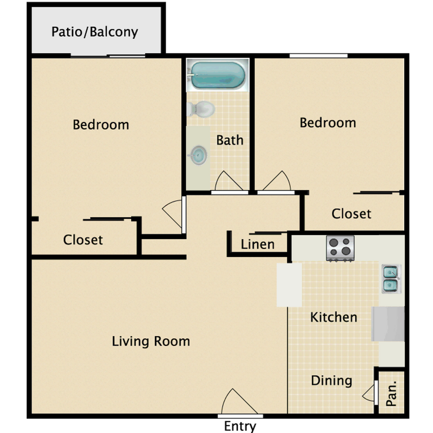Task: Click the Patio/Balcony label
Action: point(94,32)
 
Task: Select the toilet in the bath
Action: point(201,109)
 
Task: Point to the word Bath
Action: point(229,140)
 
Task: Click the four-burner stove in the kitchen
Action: point(340,248)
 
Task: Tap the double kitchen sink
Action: point(390,279)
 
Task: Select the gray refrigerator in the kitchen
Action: point(388,324)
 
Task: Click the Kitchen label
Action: point(333,317)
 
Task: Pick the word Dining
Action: point(331,381)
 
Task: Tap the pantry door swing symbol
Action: point(369,394)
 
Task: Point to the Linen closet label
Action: point(258,244)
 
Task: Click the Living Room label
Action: point(151,341)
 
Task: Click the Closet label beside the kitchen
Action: point(351,213)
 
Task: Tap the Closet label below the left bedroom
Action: point(83,240)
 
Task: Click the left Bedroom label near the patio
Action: point(101,125)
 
